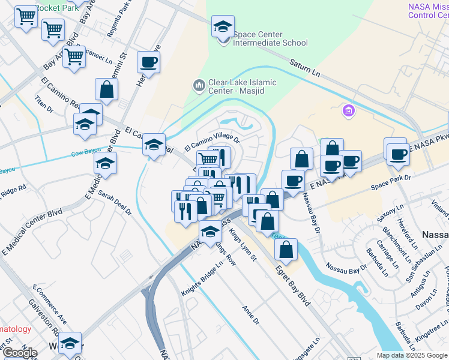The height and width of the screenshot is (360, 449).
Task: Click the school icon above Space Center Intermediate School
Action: pyautogui.click(x=223, y=27)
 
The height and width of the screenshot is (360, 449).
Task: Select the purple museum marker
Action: pyautogui.click(x=348, y=111)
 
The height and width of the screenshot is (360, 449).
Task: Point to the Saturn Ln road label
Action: pyautogui.click(x=305, y=67)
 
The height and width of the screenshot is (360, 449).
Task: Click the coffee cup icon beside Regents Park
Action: pyautogui.click(x=148, y=62)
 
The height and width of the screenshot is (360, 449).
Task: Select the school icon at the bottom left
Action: pyautogui.click(x=70, y=343)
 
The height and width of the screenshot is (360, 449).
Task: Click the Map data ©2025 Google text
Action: pyautogui.click(x=412, y=355)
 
